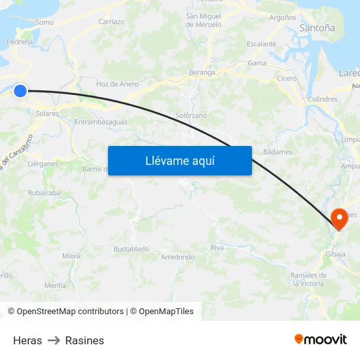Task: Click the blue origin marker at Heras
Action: [x=20, y=91]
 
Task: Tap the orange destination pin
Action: [x=340, y=219]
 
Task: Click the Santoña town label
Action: [x=317, y=28]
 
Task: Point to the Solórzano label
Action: [x=191, y=115]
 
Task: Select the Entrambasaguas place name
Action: [x=101, y=122]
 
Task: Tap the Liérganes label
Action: [x=43, y=164]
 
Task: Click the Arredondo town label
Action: [x=177, y=257]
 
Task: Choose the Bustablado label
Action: [x=131, y=249]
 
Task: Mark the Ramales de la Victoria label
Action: [x=308, y=279]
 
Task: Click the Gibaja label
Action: [x=334, y=254]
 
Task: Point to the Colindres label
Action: [x=322, y=99]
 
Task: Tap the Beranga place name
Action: [x=202, y=72]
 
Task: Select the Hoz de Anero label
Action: [x=117, y=84]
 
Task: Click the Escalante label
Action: [x=261, y=44]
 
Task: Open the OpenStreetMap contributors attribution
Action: [x=65, y=312]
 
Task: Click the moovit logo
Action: [x=321, y=339]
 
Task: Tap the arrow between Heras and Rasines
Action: [x=54, y=340]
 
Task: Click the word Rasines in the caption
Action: [x=84, y=340]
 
